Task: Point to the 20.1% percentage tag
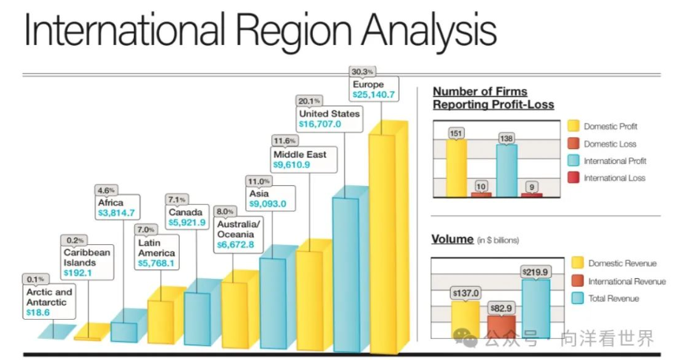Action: pos(308,100)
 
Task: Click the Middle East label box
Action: pos(300,160)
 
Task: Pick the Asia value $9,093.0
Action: pos(267,204)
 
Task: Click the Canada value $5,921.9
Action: pos(187,224)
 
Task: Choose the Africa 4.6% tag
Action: pos(106,190)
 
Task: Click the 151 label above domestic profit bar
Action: pos(456,133)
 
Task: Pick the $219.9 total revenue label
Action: pos(534,272)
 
